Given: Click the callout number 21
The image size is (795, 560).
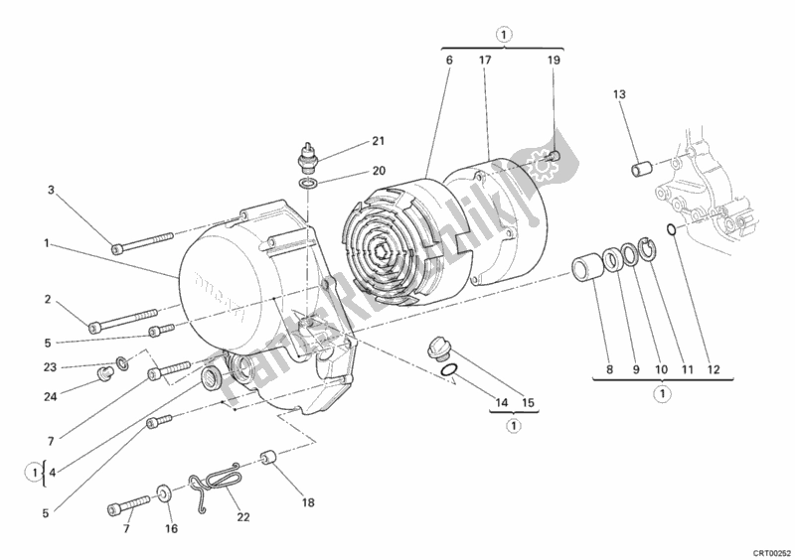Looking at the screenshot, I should [x=350, y=141].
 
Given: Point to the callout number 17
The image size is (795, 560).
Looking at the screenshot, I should [x=484, y=62].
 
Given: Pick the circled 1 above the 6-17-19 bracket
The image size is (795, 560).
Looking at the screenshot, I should [x=504, y=34].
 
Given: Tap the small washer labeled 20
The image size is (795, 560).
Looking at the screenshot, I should [x=308, y=184].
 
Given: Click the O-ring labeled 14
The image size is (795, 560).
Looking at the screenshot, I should [x=449, y=373].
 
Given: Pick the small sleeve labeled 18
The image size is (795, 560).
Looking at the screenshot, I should [x=266, y=458].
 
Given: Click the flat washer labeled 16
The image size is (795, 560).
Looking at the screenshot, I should [x=162, y=492].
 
